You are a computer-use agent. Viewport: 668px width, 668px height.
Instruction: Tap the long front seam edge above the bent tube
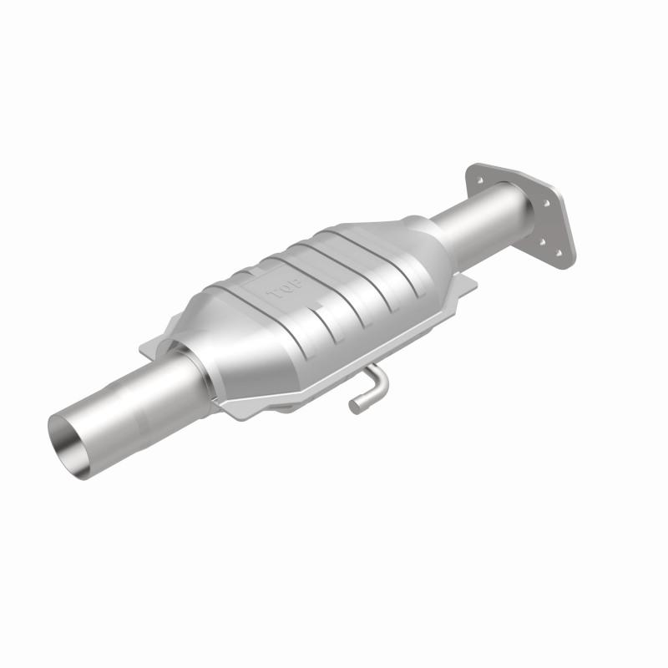click(x=334, y=367)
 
